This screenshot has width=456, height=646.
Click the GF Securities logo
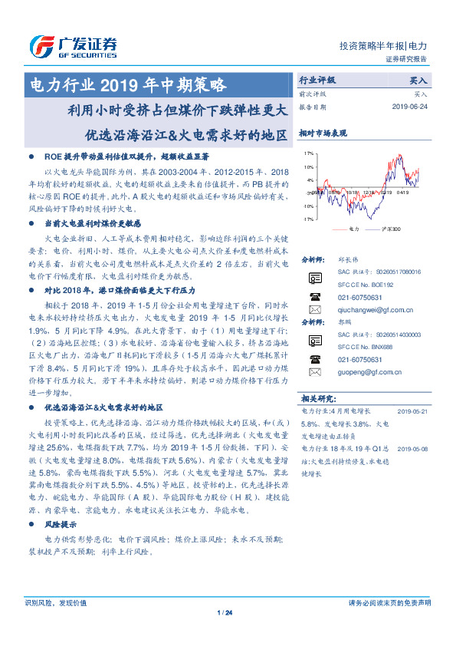(x=73, y=47)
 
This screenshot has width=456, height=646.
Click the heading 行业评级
(x=317, y=80)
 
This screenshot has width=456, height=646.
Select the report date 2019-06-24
(x=409, y=107)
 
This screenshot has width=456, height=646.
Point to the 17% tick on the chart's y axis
(x=308, y=153)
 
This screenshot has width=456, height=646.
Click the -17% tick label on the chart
(x=307, y=219)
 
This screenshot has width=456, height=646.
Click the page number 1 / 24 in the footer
(x=225, y=611)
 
